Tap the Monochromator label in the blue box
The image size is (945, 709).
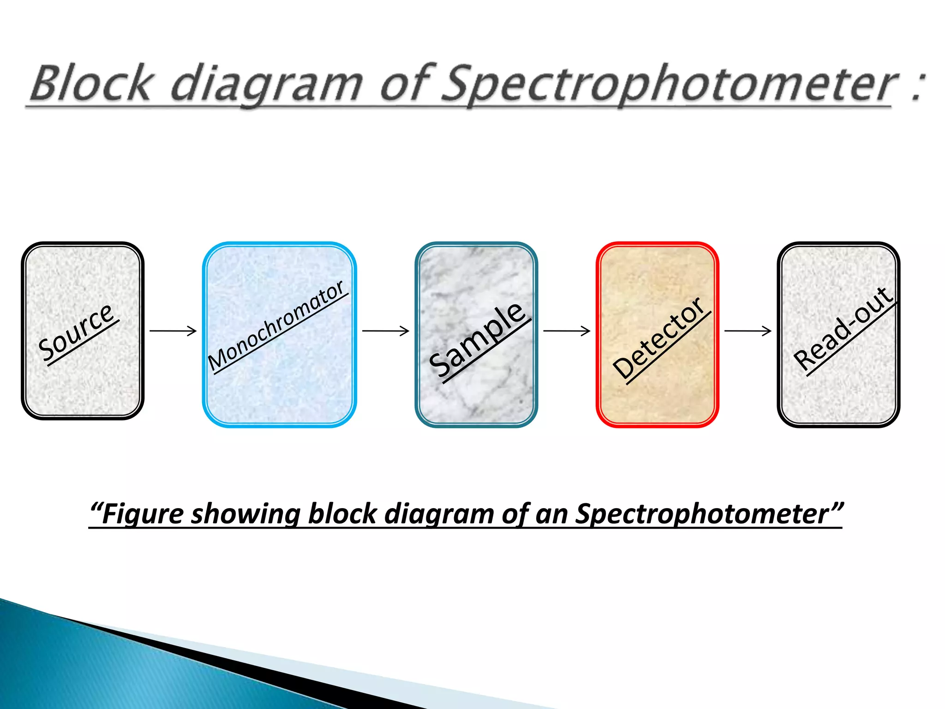276,325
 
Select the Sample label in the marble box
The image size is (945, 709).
478,340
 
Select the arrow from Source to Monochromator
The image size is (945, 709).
173,331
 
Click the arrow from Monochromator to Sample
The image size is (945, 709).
386,331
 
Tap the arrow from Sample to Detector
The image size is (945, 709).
567,331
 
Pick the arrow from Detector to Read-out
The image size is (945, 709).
748,331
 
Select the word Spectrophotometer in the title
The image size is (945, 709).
669,84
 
